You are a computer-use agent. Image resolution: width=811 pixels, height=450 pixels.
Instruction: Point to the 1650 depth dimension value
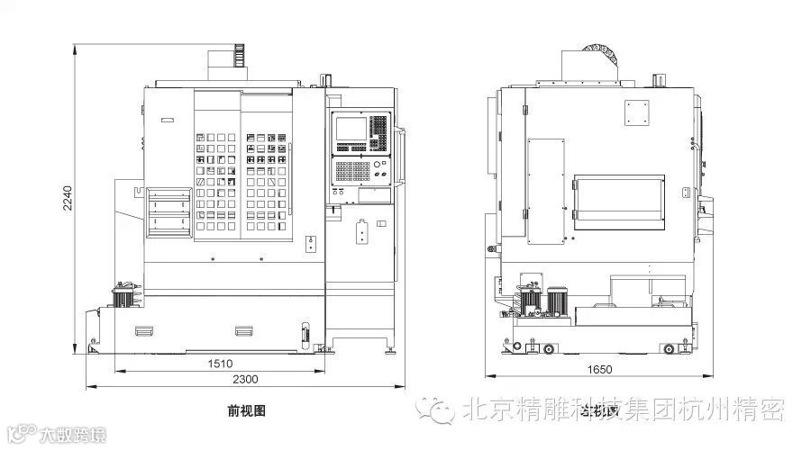tap(600, 370)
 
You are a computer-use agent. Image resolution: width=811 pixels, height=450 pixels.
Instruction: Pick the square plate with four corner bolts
tap(636, 113)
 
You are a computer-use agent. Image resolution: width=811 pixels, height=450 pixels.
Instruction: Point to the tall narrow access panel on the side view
tap(545, 191)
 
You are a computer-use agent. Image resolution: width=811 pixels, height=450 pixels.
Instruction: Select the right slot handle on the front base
tap(244, 330)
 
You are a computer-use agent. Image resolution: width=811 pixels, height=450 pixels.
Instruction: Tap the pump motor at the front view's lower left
tap(123, 296)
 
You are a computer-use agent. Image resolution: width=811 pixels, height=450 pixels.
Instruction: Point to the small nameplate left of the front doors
tap(167, 120)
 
